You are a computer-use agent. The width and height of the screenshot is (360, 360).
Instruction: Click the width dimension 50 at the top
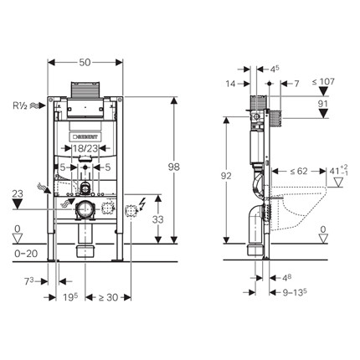[x=85, y=63]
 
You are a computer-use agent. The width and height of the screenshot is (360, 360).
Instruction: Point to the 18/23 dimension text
[x=85, y=148]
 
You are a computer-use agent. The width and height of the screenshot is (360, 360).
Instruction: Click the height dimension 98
[x=173, y=167]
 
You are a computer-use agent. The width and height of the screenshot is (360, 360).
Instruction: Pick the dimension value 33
[x=157, y=220]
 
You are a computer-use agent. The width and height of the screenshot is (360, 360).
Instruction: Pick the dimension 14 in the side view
[x=232, y=83]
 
